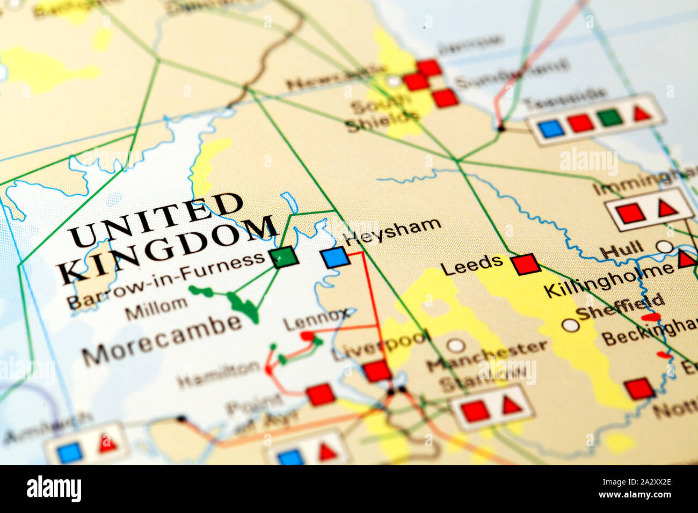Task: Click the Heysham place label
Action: (x=392, y=231)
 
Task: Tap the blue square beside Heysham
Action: (x=336, y=258)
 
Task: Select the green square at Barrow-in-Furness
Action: (x=283, y=256)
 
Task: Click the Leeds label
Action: (x=471, y=264)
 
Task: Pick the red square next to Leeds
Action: (x=525, y=264)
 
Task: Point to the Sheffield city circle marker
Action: (x=570, y=325)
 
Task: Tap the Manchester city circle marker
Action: (x=456, y=345)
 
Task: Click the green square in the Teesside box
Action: (x=609, y=118)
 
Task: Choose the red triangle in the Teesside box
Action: (x=641, y=113)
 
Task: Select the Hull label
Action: (x=621, y=250)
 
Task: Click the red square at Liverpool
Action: (x=377, y=371)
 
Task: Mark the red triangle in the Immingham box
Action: (x=667, y=208)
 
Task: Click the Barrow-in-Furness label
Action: (x=166, y=280)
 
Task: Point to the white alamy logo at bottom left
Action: (x=54, y=489)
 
